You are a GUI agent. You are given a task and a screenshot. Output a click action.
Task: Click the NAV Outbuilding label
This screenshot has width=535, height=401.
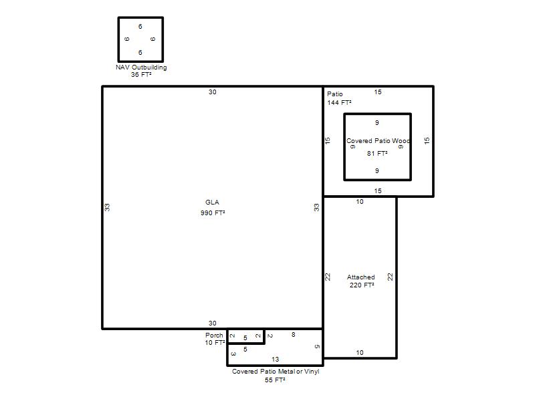[x=141, y=68]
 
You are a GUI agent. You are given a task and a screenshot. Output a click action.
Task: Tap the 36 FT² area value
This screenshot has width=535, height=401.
[x=141, y=74]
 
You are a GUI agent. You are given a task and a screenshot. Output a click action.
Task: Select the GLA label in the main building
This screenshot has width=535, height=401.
[x=212, y=203]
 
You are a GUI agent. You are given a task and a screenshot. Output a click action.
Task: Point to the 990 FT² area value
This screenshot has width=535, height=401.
[x=213, y=213]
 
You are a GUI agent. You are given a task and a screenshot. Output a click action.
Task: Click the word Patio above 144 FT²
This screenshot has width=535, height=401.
[x=335, y=94]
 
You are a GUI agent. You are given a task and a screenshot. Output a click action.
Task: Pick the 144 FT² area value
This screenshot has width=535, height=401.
[x=339, y=102]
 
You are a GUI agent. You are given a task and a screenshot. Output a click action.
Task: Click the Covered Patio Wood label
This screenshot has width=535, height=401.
[x=378, y=141]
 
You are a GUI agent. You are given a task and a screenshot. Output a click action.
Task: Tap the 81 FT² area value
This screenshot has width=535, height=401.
[x=377, y=154]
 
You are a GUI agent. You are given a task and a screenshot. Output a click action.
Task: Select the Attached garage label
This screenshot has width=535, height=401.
[x=361, y=277]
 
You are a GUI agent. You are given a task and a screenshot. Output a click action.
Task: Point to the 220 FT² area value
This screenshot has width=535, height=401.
[x=362, y=285]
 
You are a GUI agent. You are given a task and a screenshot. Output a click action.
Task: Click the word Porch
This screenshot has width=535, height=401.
[x=214, y=336]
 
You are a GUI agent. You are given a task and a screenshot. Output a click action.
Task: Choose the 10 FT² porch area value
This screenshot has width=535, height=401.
[x=215, y=342]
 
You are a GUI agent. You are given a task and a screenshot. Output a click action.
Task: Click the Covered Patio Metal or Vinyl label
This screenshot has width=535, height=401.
[x=276, y=372]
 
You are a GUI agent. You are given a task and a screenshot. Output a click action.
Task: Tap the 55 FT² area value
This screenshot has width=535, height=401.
[x=275, y=380]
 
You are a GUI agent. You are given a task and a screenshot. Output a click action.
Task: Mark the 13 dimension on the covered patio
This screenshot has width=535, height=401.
[x=276, y=359]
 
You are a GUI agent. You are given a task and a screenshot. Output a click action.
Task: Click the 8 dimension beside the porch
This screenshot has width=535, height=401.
[x=294, y=335]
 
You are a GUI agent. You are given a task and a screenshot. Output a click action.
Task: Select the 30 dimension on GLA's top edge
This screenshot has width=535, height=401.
[x=213, y=92]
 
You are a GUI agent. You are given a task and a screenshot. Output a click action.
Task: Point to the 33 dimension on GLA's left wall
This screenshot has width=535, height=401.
[x=107, y=207]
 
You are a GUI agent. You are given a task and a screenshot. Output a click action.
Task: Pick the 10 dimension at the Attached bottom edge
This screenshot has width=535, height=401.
[x=360, y=353]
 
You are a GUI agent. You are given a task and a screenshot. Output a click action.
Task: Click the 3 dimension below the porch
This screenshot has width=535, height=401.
[x=233, y=354]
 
